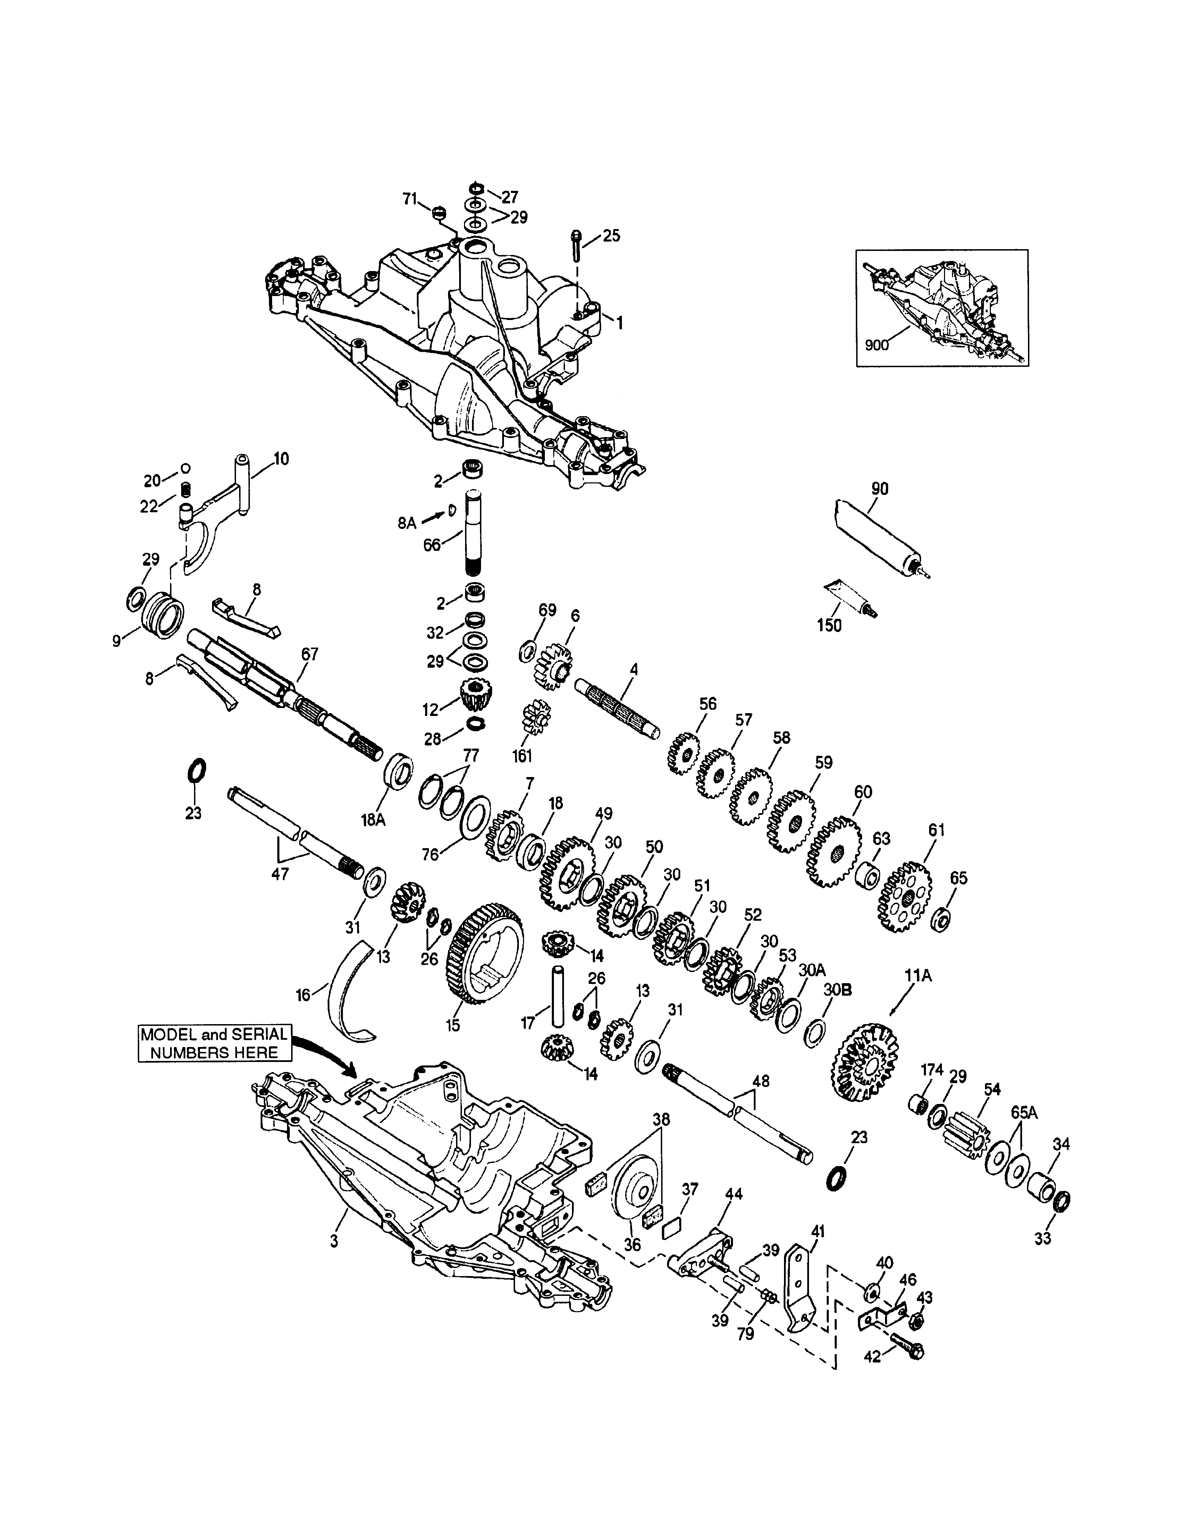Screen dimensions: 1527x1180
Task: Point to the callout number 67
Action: click(310, 655)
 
